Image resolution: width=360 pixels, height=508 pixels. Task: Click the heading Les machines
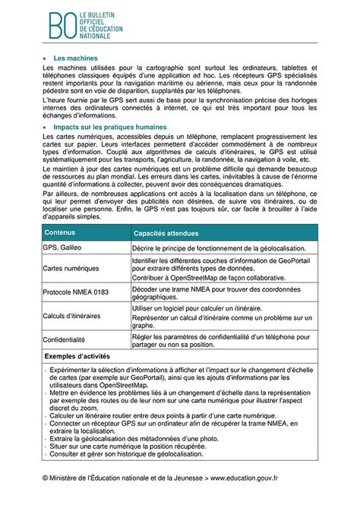(77, 58)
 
